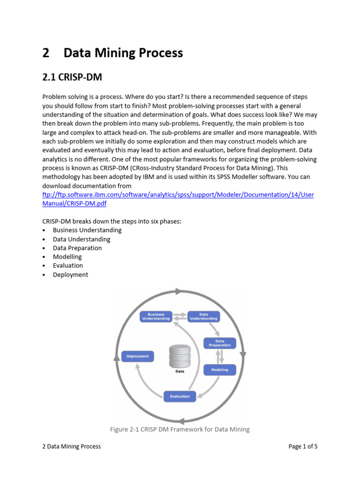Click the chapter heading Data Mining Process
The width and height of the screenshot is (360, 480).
123,53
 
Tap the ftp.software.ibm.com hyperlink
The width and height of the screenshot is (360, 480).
178,195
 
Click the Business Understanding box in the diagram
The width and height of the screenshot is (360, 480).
156,316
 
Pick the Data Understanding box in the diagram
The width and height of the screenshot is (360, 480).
203,316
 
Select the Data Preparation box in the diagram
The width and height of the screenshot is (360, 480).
219,343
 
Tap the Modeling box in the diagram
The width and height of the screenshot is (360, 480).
219,370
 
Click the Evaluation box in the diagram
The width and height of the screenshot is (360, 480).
180,396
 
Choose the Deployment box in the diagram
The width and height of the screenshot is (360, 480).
137,356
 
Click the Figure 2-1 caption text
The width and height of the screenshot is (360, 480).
180,429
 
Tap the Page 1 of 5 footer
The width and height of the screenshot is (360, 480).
303,446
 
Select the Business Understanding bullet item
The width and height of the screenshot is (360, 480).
87,230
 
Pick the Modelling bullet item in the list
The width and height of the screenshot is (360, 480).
67,257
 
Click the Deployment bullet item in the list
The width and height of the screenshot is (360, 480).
70,275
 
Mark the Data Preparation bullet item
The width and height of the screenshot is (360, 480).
77,248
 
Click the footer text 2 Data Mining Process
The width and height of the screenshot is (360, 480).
71,446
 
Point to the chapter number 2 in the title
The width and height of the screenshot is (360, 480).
45,53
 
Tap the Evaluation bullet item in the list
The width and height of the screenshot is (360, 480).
68,265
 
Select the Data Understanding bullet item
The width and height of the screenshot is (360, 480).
82,239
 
